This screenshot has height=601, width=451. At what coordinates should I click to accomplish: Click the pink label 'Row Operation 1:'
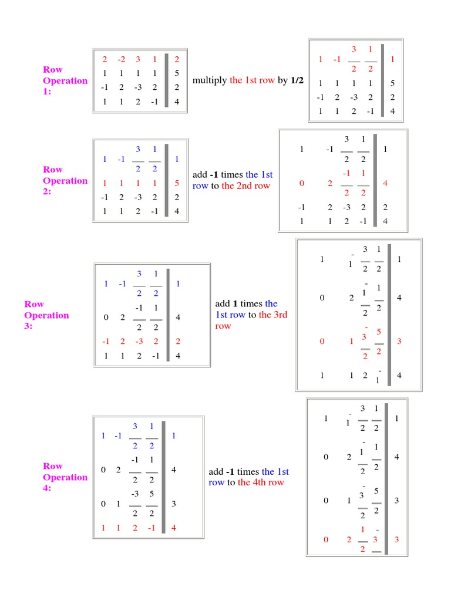65,80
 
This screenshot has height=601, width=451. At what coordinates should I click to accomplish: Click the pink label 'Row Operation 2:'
65,180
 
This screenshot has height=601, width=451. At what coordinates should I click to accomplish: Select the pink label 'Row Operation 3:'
46,315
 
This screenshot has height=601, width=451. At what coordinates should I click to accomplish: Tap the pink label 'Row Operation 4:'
65,477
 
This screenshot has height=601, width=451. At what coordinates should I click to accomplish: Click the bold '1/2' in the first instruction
297,80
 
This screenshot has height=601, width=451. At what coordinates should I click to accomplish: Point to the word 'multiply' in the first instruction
210,80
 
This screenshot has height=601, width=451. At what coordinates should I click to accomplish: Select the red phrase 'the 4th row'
261,482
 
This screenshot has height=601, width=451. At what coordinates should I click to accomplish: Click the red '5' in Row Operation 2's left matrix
177,183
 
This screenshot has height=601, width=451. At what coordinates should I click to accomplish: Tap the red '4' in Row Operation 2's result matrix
385,183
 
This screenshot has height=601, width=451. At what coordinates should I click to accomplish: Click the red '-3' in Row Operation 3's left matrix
139,342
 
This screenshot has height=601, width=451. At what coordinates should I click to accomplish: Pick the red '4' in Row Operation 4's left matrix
174,528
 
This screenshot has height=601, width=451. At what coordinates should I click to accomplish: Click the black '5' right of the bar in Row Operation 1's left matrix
177,74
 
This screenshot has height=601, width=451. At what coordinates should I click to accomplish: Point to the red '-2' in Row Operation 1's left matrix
121,59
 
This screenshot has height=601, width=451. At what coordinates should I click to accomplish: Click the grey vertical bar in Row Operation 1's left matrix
167,80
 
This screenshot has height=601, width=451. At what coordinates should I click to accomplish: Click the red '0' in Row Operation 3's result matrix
322,342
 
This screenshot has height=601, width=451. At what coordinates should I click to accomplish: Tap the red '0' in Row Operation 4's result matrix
326,539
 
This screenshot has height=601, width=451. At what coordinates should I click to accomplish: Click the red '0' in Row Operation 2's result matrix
302,183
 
